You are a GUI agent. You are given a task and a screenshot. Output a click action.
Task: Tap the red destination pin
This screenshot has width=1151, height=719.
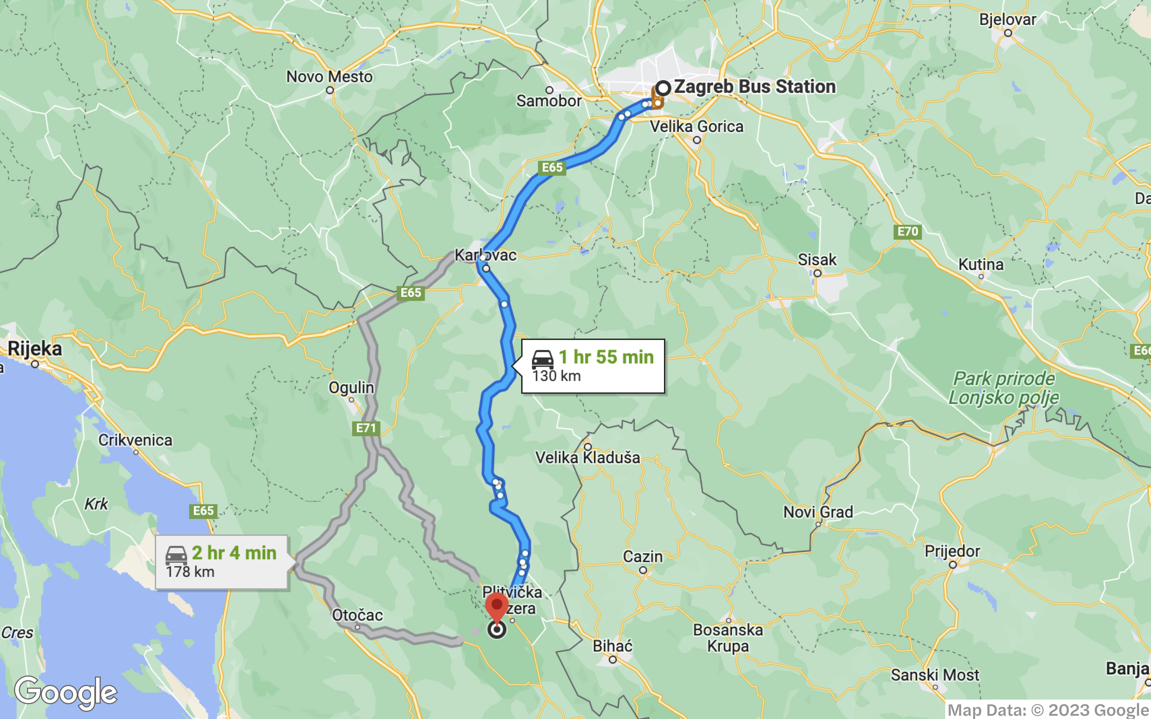(496, 607)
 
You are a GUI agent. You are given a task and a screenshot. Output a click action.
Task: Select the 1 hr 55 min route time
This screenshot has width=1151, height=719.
(606, 357)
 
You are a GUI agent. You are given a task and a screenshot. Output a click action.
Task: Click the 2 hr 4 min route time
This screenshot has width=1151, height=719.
(234, 553)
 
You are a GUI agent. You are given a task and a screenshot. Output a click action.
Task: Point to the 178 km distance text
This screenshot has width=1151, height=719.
(190, 572)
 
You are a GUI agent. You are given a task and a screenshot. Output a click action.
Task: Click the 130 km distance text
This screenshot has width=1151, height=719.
(556, 376)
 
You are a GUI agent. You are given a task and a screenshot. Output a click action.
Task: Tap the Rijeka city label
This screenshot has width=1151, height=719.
(35, 349)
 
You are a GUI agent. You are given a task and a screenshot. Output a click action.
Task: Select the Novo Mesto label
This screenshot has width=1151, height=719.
(329, 77)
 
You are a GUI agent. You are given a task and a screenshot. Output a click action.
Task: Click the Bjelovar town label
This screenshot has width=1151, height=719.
(1007, 19)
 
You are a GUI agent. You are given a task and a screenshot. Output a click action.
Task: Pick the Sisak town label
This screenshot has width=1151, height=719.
(816, 260)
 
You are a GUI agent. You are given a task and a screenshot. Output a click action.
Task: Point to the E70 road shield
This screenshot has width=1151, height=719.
(907, 232)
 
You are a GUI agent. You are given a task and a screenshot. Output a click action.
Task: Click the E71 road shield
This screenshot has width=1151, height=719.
(366, 428)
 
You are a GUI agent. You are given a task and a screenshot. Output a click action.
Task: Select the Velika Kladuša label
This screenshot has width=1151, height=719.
(587, 457)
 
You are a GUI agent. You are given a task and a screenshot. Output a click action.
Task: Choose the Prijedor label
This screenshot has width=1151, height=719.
(952, 551)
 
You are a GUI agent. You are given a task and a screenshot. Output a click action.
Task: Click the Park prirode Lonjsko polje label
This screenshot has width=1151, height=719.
(1004, 388)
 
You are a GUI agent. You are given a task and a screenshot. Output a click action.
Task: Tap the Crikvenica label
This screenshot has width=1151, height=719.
(135, 440)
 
